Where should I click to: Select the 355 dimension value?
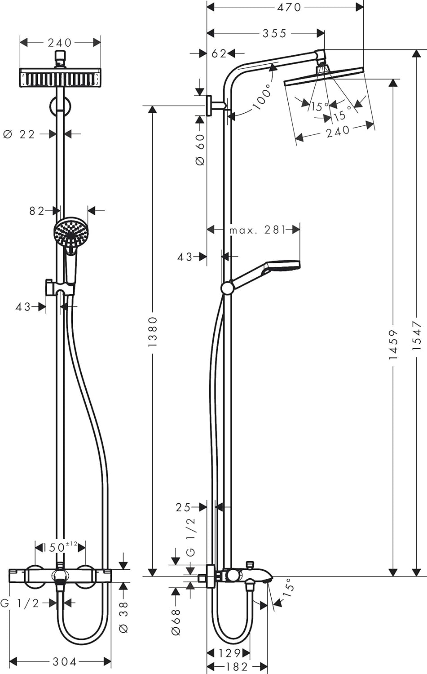pos(274,33)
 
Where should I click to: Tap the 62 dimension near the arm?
pos(219,54)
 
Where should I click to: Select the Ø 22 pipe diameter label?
pos(19,134)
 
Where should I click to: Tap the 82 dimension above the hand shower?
pos(37,211)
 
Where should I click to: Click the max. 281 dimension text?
pos(258,230)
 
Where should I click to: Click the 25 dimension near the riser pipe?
pos(183,507)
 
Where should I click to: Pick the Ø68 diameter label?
pos(176,622)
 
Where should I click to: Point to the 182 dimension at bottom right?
pos(237,667)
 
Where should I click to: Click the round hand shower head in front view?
pos(71,233)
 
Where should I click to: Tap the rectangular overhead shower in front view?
pos(60,78)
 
